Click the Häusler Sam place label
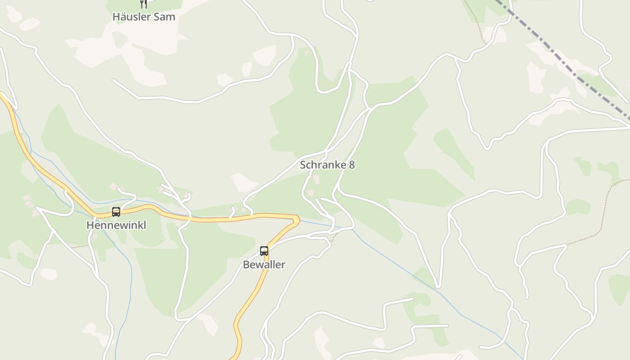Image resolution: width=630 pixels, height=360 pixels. point(144,17)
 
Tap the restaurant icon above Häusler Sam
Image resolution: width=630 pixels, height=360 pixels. point(144,4)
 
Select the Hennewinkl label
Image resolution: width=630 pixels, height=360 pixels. point(116,225)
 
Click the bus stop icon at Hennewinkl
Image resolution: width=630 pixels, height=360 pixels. point(116,211)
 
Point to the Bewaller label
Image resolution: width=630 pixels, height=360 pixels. point(264,265)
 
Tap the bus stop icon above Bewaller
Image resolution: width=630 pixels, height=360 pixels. point(264,251)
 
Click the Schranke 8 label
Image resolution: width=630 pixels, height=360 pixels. point(327,165)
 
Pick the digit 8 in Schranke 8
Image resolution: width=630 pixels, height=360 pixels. point(351,165)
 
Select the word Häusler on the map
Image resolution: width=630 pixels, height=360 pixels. point(132,17)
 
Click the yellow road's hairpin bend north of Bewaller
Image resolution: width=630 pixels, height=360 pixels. point(296,219)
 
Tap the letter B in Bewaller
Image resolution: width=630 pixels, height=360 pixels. point(246,265)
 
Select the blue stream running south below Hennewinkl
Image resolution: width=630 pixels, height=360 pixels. point(130,288)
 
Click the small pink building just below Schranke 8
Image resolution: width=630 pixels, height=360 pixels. point(316,180)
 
